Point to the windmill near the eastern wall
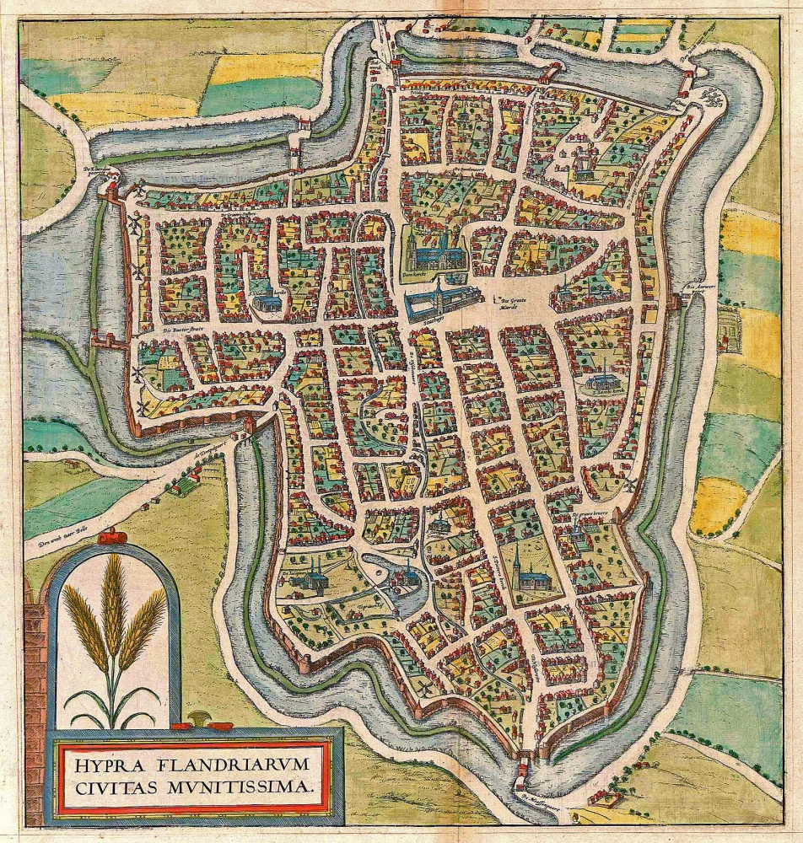[628, 484]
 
